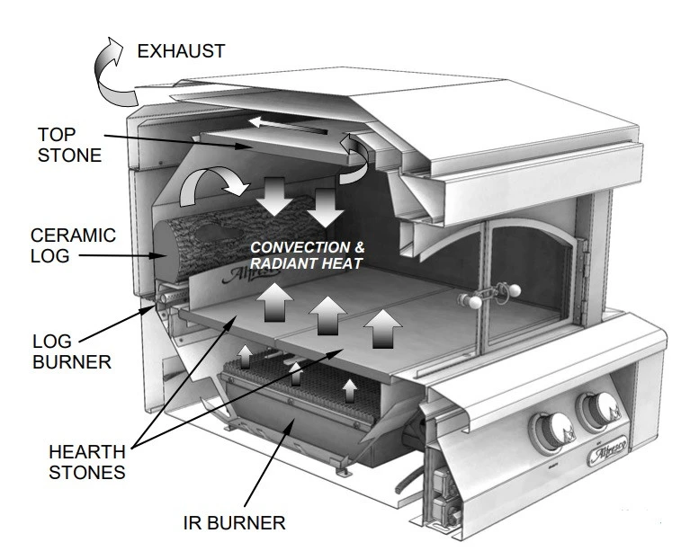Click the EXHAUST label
181,51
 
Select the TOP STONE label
68,144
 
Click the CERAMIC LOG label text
72,245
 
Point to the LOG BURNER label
71,352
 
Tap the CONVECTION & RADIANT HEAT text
306,254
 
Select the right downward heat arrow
327,206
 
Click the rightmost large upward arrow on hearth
382,327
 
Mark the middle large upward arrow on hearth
327,315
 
